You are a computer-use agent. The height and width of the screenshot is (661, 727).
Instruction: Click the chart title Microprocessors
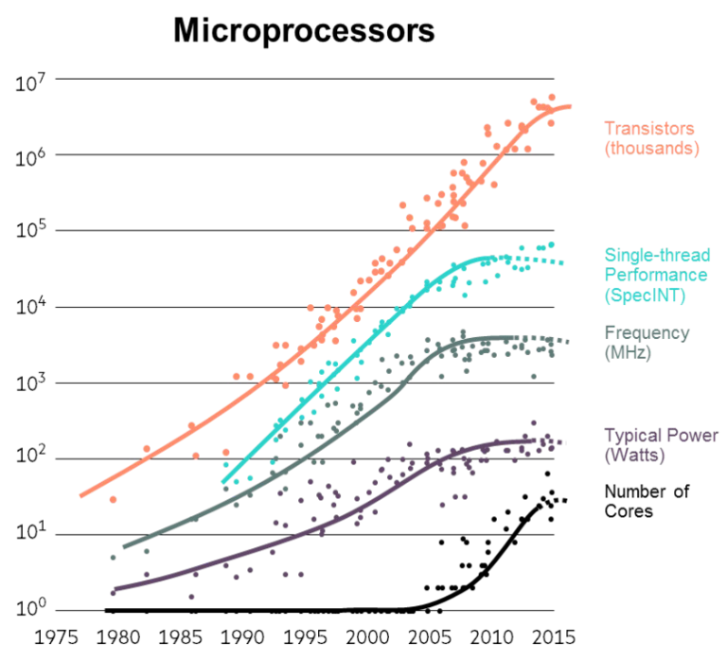click(x=304, y=30)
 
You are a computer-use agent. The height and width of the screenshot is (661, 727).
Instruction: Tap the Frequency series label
click(x=646, y=333)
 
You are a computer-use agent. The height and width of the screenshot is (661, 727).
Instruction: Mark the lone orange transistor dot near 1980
click(x=113, y=499)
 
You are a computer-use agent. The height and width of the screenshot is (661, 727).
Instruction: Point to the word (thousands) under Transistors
click(x=651, y=149)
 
